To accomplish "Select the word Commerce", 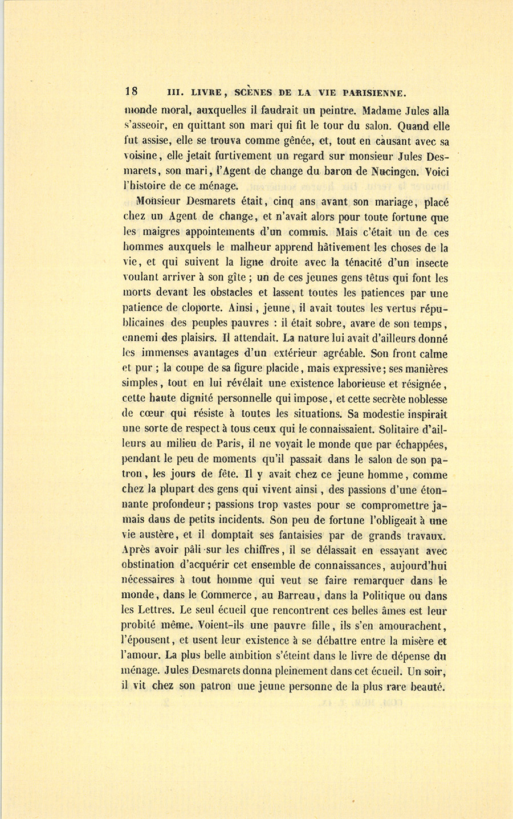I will click(x=213, y=597).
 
